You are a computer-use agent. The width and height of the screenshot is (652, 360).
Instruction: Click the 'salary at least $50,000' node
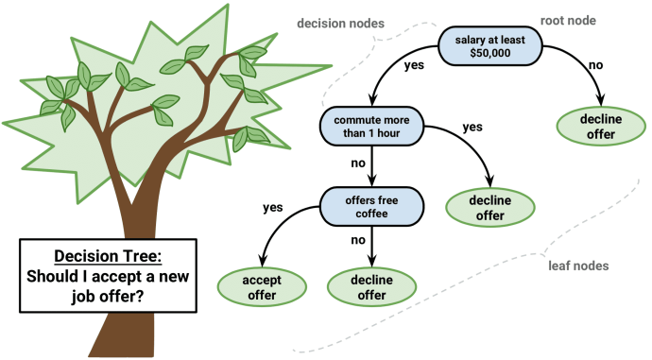tap(488, 43)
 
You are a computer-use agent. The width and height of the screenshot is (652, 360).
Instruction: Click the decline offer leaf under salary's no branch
tap(601, 127)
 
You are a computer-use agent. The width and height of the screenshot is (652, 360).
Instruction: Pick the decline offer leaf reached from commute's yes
tap(491, 208)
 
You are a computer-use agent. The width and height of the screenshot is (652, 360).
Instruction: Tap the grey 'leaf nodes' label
tap(578, 266)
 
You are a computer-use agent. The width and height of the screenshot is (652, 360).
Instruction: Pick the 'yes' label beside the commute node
tap(473, 126)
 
